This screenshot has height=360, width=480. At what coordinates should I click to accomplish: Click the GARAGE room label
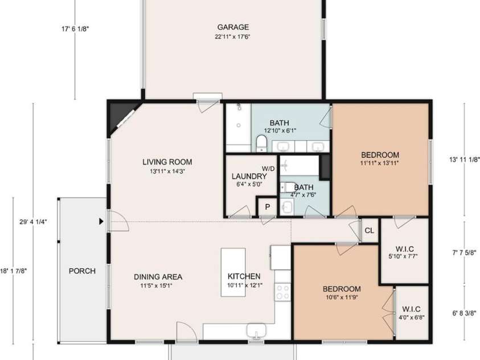pos(233,27)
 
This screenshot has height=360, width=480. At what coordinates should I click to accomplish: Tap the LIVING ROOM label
pos(167,162)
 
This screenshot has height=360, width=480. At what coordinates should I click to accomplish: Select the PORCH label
pos(82,271)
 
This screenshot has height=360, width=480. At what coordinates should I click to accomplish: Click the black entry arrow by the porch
pos(101,222)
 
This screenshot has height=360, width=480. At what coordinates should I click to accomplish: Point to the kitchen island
pos(233,272)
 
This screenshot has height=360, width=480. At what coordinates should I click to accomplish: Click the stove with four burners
pos(282,292)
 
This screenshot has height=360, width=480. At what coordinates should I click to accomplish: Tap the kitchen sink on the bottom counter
pos(256,330)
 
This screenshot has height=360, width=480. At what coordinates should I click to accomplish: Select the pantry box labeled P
pos(267,207)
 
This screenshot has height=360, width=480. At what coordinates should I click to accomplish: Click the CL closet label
pos(370,231)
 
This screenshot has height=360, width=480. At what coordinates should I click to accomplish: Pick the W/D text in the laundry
pos(268,169)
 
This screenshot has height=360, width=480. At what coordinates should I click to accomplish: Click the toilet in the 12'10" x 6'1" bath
pos(262,144)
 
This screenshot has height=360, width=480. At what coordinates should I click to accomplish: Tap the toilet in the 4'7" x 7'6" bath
pos(286,187)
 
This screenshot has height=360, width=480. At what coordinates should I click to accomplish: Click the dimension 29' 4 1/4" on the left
pos(33,222)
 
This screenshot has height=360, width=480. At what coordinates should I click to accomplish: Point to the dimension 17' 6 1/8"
pos(75,29)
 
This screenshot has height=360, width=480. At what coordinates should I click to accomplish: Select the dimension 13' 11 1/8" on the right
pos(465,159)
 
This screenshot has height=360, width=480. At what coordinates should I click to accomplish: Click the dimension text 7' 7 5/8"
pos(465,253)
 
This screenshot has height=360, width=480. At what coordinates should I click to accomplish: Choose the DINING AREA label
pos(158,277)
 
